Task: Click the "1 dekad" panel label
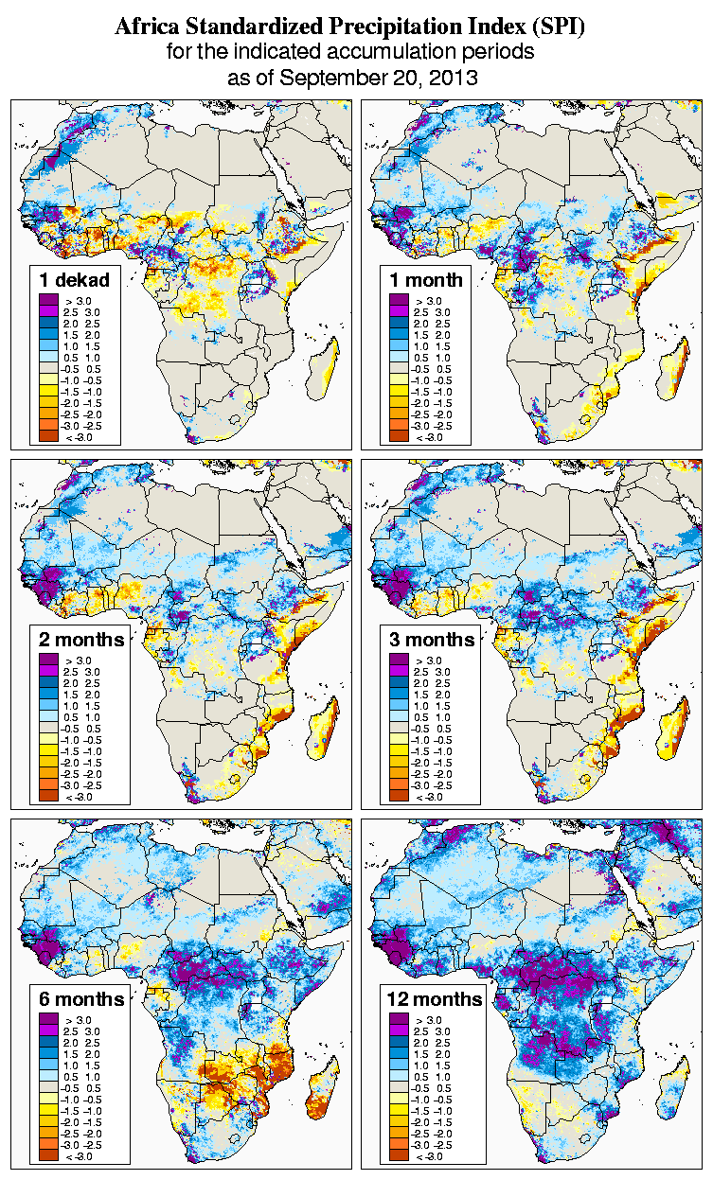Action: tap(75, 280)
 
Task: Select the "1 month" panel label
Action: tap(426, 280)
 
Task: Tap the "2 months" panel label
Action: tap(81, 640)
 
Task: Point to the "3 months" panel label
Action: tap(432, 640)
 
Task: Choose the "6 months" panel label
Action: tap(81, 999)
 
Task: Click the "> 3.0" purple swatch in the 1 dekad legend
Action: tap(49, 300)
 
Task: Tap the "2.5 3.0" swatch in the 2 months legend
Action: tap(49, 671)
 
